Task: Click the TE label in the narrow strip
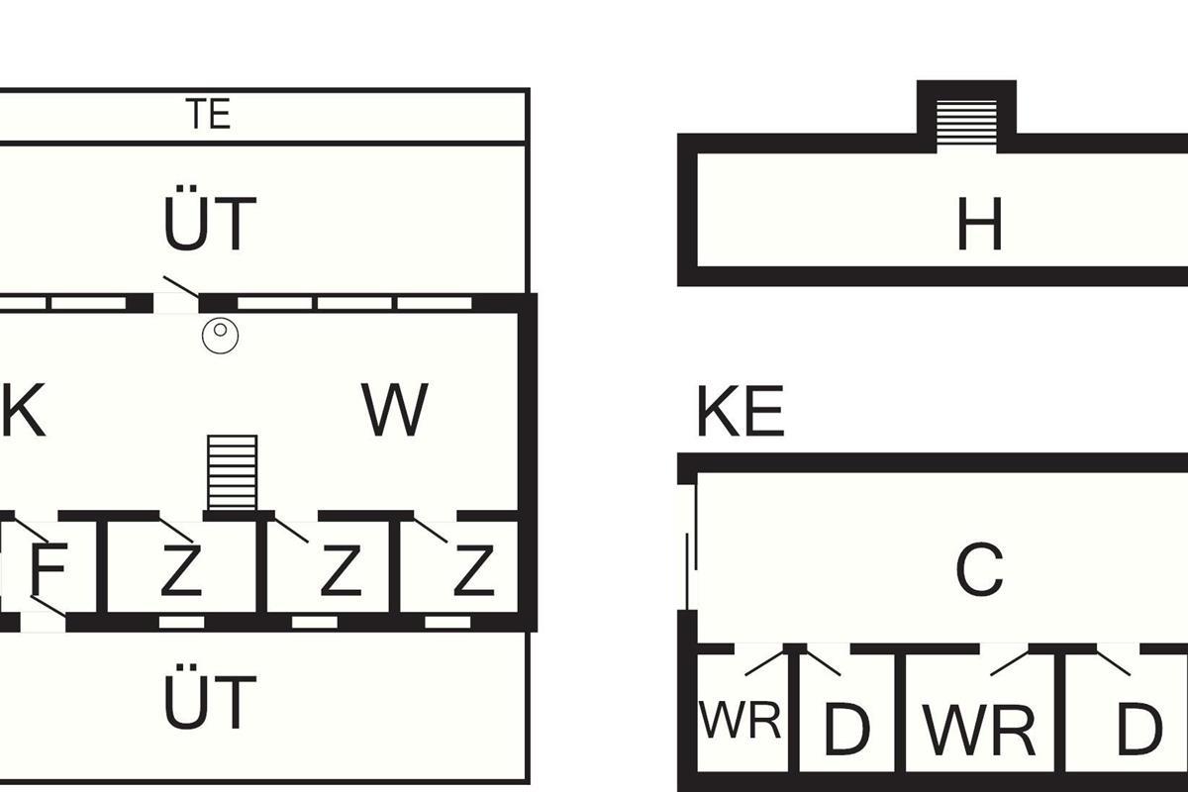pos(208,115)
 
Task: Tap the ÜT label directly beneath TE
pos(210,225)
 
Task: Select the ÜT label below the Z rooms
pos(210,702)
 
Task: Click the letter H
pos(979,225)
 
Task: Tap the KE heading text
pos(740,412)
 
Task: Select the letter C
pos(979,571)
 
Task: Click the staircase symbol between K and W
pos(233,471)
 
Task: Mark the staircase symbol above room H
pos(966,124)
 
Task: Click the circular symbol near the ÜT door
pos(221,336)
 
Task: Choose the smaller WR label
pos(740,721)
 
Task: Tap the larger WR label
pos(979,731)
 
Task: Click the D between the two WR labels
pos(846,731)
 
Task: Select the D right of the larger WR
pos(1138,731)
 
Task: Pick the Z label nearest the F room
pos(180,571)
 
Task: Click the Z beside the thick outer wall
pos(473,571)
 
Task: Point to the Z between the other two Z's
pos(340,571)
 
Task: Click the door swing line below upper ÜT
pos(181,286)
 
